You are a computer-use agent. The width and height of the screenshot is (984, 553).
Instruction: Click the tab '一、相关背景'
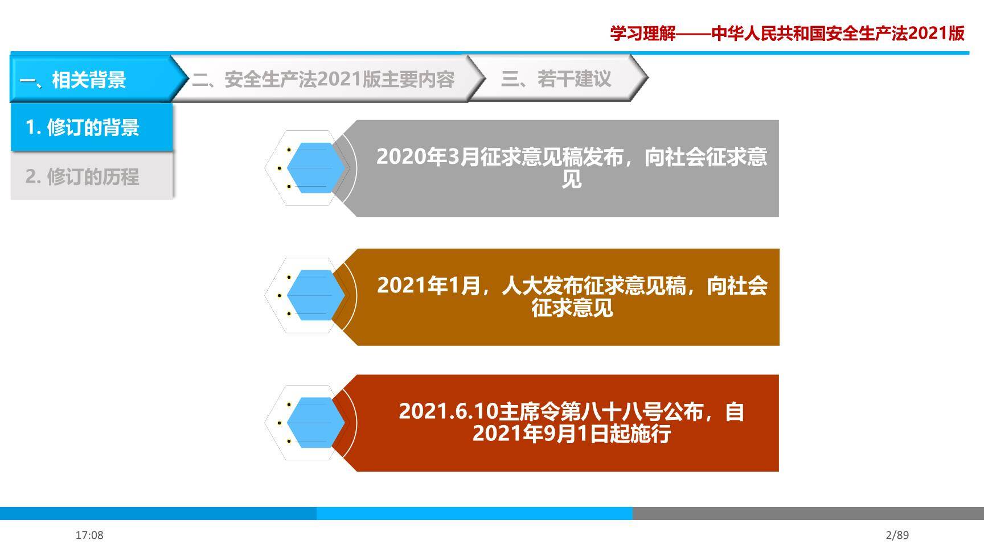(x=73, y=80)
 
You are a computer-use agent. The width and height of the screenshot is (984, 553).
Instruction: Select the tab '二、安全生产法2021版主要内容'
(x=323, y=79)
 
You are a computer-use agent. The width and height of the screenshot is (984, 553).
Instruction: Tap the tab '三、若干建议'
(x=556, y=79)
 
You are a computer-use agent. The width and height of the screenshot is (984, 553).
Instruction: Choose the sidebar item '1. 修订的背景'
(x=83, y=127)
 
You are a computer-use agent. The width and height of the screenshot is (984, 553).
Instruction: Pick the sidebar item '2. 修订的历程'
(x=83, y=177)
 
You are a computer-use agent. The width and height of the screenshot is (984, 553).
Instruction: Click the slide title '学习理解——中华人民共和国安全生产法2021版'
(x=787, y=34)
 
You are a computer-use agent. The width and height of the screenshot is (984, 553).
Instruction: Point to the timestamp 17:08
(x=89, y=535)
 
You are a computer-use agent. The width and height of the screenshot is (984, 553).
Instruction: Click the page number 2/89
(x=897, y=535)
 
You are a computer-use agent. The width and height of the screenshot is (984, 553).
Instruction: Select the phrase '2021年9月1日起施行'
(x=572, y=434)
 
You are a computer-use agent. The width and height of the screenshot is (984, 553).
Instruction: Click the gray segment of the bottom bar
(x=807, y=513)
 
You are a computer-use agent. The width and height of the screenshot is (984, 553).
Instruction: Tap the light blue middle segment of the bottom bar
(x=474, y=513)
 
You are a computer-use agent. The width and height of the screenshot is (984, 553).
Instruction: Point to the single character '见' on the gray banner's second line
(x=572, y=180)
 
